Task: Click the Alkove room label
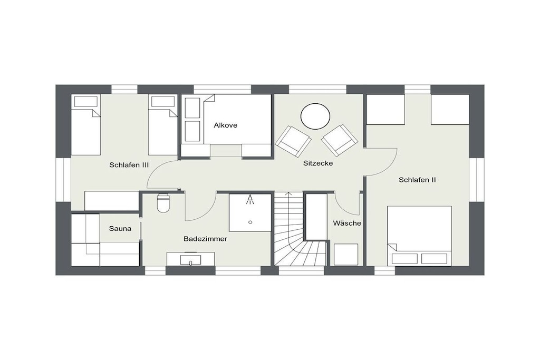(225, 125)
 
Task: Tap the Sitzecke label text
(318, 163)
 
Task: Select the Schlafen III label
(129, 165)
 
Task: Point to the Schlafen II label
(418, 180)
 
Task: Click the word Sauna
(120, 229)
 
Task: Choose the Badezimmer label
(205, 239)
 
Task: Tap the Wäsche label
(347, 223)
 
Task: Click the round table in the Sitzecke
(315, 116)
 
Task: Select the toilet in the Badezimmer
(163, 203)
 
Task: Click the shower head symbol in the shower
(250, 200)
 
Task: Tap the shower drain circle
(250, 222)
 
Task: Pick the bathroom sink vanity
(190, 259)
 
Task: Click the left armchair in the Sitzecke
(293, 142)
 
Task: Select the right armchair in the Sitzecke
(340, 140)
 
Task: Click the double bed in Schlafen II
(419, 236)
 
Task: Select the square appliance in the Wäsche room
(346, 255)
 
